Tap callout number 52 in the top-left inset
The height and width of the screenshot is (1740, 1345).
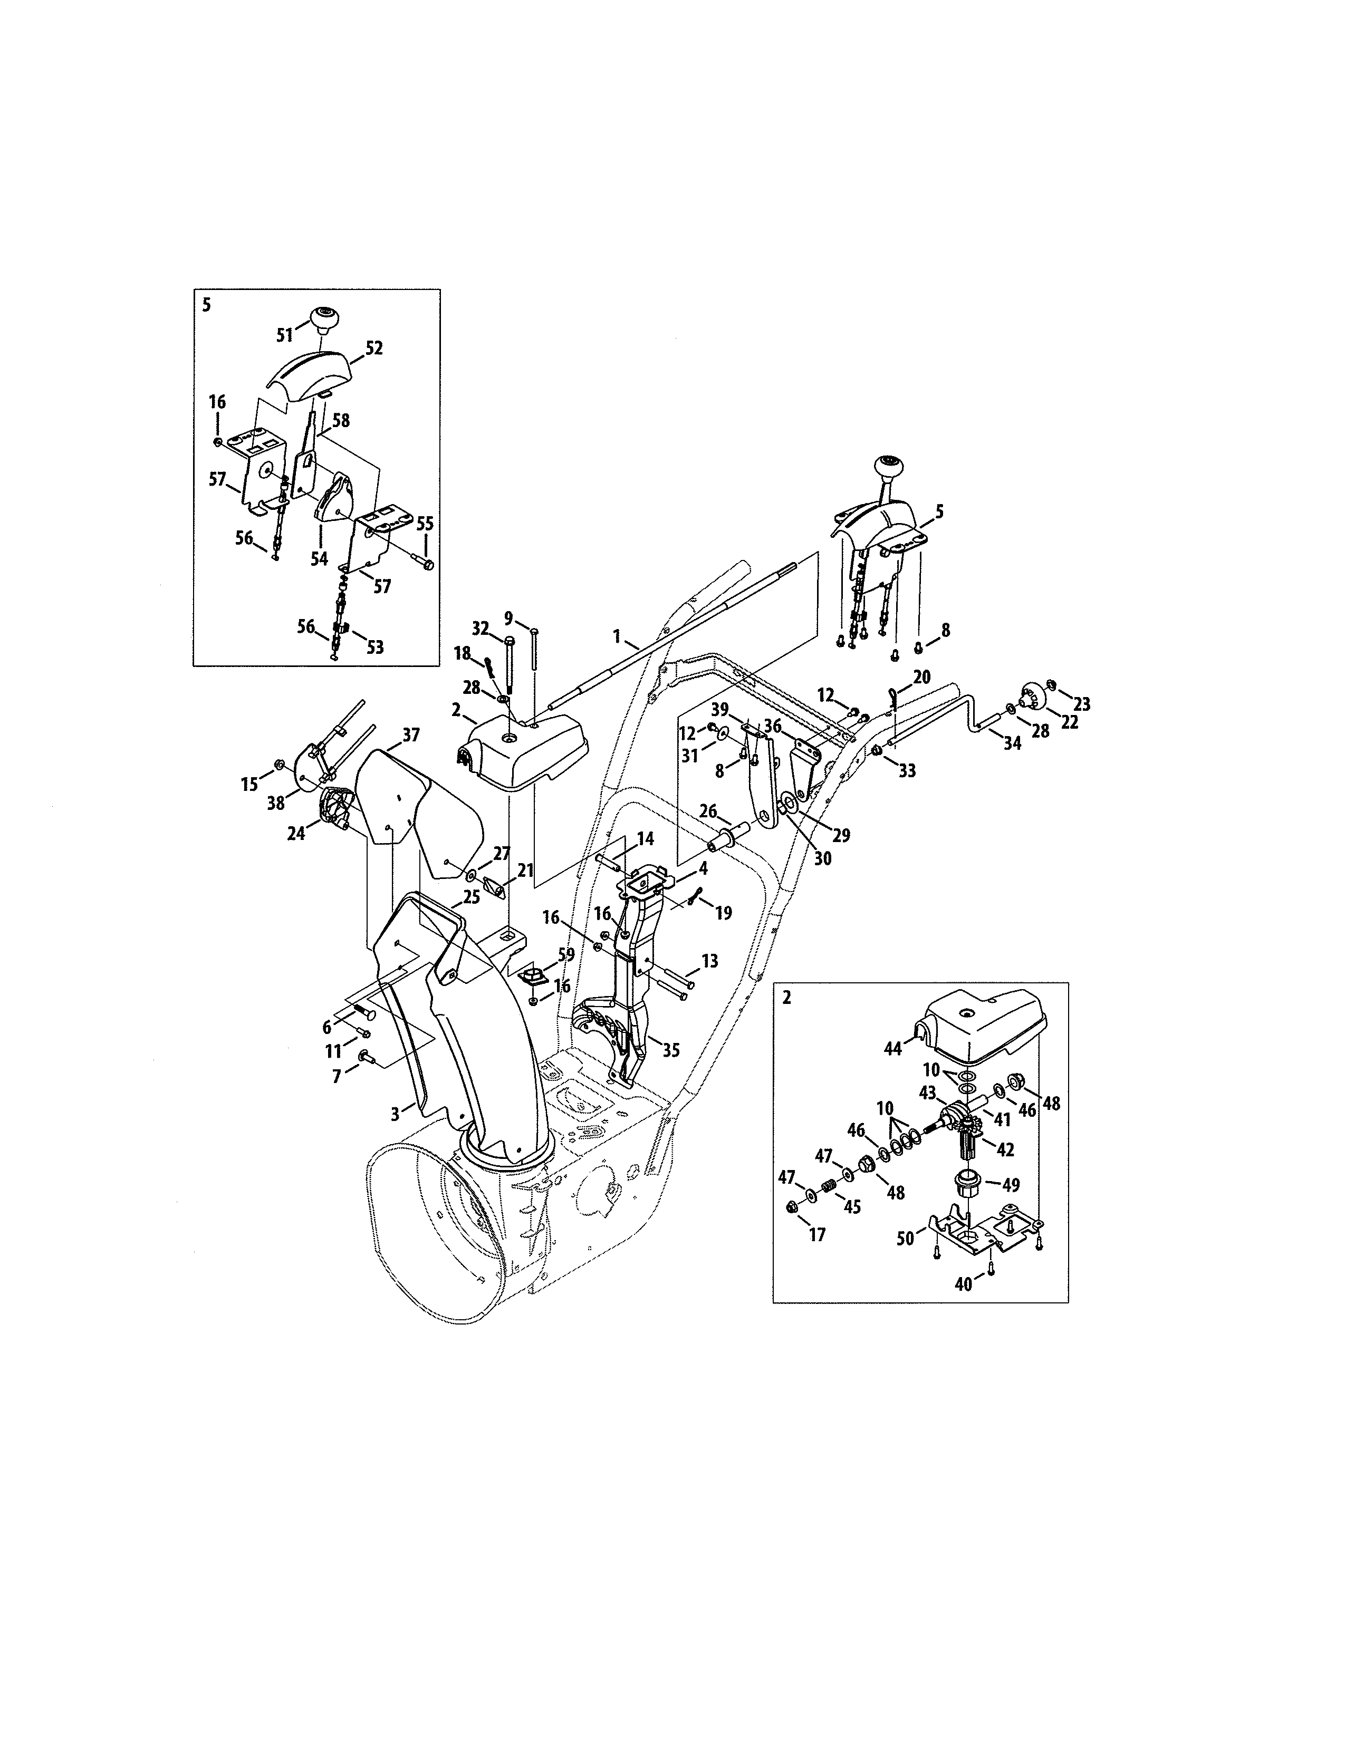point(374,348)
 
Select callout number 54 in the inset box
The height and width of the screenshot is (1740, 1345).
point(319,558)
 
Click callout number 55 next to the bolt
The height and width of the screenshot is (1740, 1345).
point(425,524)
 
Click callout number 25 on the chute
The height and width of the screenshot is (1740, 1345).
point(471,897)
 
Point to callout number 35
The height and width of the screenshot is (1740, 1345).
point(671,1050)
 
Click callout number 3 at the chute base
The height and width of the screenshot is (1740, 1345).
point(395,1114)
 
